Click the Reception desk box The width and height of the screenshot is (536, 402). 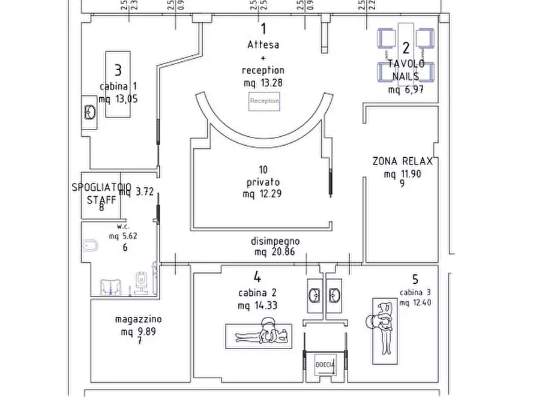(264, 101)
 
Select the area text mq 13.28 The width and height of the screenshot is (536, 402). (263, 83)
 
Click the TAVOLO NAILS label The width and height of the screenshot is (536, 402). (407, 70)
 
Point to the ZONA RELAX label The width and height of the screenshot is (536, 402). (402, 161)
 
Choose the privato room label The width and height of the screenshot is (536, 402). (263, 182)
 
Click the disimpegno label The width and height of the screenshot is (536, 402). (275, 241)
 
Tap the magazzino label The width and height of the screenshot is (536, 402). (138, 320)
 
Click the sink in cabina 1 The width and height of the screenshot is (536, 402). (90, 112)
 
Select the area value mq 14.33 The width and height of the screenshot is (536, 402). (257, 305)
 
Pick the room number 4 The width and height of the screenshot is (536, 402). (257, 277)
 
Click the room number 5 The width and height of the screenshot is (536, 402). (415, 279)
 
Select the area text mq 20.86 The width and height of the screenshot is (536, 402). (274, 252)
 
